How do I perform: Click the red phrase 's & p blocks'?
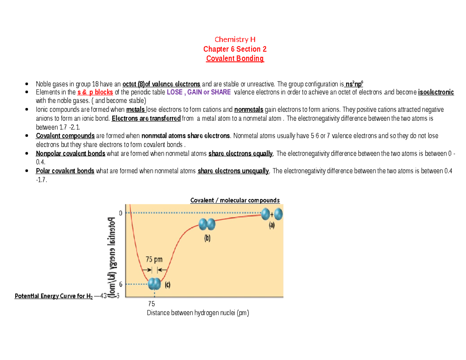click(x=95, y=92)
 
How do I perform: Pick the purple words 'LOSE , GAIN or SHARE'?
click(x=198, y=92)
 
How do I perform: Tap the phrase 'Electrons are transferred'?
click(x=146, y=118)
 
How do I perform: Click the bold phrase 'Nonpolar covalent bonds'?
click(x=70, y=153)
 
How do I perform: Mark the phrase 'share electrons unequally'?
click(x=233, y=171)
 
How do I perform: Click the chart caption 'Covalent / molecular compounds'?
click(x=235, y=200)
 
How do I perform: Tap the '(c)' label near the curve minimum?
click(x=168, y=284)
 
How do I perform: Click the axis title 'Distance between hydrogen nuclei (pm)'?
click(x=197, y=313)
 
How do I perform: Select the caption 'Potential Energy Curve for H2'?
click(x=54, y=297)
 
